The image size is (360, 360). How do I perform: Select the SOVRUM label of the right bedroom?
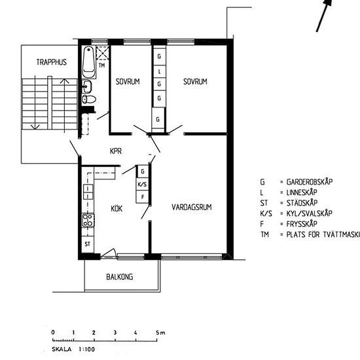point(195,82)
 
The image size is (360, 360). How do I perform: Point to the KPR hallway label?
point(117,151)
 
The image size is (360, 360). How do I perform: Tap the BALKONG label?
point(120,277)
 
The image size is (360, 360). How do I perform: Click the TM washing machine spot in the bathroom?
point(101,65)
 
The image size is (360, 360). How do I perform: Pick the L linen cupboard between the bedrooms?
point(158,71)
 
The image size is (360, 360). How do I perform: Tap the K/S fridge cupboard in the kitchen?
point(142,184)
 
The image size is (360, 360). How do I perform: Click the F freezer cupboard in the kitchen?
point(142,196)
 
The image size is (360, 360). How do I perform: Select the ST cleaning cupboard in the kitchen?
point(86,243)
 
